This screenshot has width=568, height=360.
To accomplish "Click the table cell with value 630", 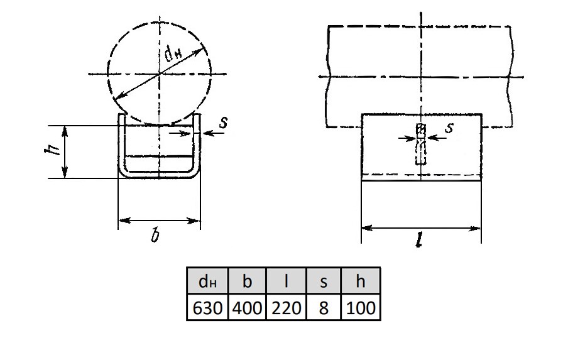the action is click(207, 307).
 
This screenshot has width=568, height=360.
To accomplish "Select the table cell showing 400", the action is click(247, 307).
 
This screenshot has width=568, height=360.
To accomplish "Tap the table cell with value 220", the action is click(286, 307).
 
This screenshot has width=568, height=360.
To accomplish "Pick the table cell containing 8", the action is click(324, 307).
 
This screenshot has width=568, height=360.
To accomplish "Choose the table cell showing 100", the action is click(361, 307).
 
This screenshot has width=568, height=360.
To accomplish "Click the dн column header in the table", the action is click(207, 281).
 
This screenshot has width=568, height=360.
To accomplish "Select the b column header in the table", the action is click(247, 281).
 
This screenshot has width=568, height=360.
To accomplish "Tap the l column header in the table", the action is click(286, 281).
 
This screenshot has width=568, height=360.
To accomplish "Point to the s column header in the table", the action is click(324, 281).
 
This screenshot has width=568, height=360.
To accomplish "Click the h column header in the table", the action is click(361, 281).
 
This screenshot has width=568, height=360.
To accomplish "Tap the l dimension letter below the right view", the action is click(419, 239).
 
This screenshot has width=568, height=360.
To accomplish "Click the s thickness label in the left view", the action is click(224, 122).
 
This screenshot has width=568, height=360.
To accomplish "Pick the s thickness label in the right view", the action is click(449, 128).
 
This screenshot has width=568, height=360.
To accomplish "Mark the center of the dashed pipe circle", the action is click(160, 74).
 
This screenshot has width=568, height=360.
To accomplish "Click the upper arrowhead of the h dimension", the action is click(65, 131).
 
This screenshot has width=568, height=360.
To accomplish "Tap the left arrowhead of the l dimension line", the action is click(367, 228).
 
